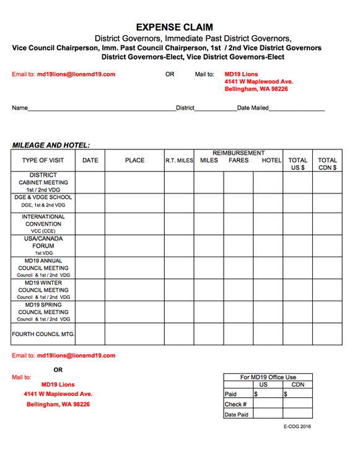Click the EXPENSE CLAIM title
point(174,27)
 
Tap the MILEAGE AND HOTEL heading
point(51,145)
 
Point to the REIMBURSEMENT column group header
point(239,153)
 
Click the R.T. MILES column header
point(179,160)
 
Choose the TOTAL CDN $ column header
point(327,164)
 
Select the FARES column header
point(239,160)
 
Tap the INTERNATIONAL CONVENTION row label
point(43,224)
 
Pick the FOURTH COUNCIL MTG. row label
point(43,335)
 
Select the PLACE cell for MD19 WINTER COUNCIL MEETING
point(134,290)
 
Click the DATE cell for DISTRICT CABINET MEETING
point(90,183)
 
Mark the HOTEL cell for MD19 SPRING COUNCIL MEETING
point(268,312)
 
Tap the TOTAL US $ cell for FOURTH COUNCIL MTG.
point(297,335)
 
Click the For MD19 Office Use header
point(268,377)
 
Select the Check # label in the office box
point(234,404)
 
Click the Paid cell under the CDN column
point(297,394)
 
